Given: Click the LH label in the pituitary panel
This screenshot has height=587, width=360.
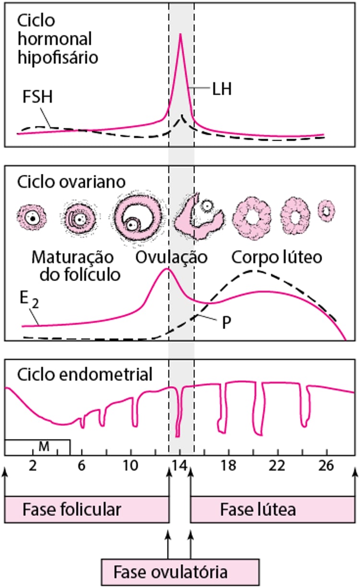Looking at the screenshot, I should click(221, 89).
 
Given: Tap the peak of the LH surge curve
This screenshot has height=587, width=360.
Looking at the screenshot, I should click(180, 35).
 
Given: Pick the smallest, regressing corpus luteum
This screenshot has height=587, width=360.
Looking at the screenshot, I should click(327, 210).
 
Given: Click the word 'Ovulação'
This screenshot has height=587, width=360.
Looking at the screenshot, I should click(171, 257).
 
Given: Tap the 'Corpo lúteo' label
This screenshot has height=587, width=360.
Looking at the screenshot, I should click(276, 257).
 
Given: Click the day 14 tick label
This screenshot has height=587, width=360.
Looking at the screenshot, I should click(180, 465).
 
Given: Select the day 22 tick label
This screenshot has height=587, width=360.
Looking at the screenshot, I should click(277, 465).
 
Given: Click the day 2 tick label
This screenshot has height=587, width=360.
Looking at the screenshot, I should click(33, 465).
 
